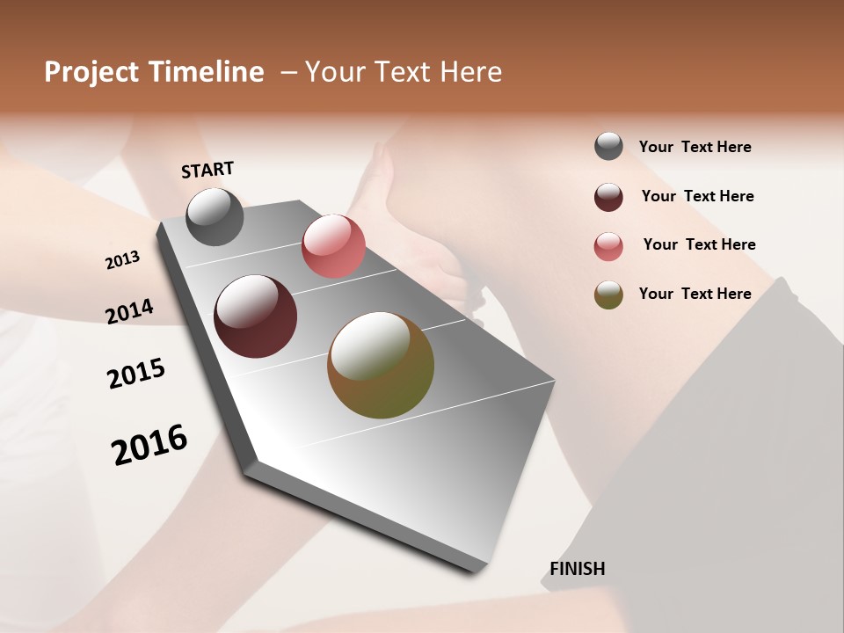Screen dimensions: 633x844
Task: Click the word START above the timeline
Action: point(207,170)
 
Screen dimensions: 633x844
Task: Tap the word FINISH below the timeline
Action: point(578,569)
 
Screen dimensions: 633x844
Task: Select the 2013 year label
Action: point(123,260)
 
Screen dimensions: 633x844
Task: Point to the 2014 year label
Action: point(129,311)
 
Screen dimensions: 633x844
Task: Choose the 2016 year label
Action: point(149,444)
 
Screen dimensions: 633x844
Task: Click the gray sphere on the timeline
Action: point(215,217)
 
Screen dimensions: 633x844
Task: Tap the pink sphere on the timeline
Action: point(333,245)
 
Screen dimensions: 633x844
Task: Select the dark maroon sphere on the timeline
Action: point(256,316)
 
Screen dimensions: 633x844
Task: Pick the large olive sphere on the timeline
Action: point(381,365)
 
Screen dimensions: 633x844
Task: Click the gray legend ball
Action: point(608,147)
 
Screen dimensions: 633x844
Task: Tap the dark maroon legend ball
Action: point(608,197)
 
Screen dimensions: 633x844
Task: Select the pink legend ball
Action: point(608,246)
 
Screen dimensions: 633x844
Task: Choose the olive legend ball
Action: point(608,295)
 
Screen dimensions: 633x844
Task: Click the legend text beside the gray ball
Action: point(695,147)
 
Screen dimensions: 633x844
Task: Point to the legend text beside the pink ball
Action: point(699,244)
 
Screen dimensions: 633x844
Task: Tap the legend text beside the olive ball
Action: point(695,294)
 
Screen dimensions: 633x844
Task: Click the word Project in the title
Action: point(91,72)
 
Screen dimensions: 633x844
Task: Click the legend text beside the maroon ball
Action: point(697,196)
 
